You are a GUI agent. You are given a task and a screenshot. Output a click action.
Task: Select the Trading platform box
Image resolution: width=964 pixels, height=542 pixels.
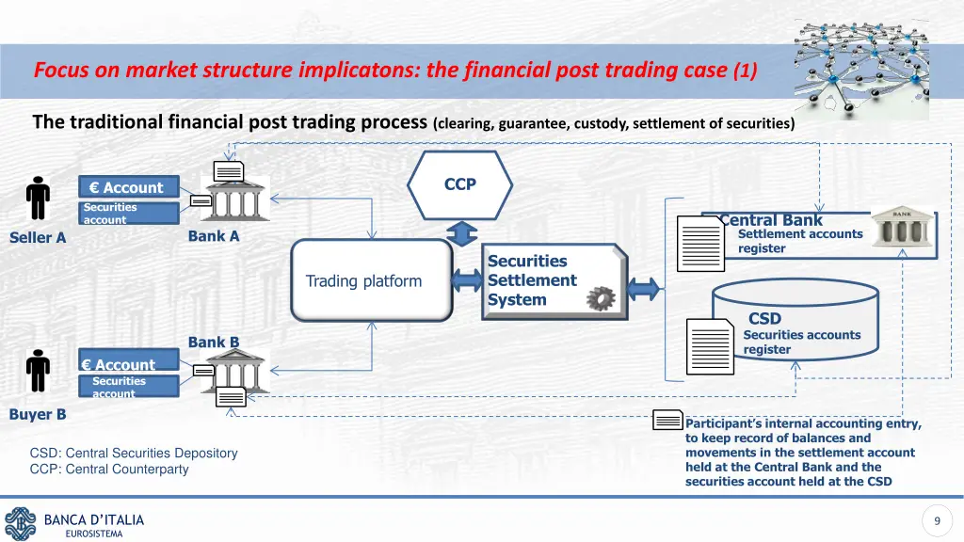pos(372,280)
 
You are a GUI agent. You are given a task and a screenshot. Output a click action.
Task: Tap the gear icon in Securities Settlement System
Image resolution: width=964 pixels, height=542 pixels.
pos(599,300)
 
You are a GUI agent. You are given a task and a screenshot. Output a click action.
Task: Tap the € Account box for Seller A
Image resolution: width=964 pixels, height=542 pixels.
pos(128,188)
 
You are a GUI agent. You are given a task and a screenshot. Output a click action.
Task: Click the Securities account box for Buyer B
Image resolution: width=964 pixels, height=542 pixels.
pos(128,386)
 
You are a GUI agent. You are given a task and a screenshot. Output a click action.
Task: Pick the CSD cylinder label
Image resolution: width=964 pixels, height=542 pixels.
pos(764,319)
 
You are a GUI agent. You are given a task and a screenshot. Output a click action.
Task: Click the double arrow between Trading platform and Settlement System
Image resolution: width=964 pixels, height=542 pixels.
pos(468,280)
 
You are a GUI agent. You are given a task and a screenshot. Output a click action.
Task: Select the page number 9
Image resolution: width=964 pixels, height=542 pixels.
pos(937,521)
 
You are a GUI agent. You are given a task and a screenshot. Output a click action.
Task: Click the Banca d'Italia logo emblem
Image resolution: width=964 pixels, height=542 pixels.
pos(20,523)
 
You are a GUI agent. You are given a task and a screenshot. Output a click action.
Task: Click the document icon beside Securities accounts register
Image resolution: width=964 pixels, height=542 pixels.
pos(710,345)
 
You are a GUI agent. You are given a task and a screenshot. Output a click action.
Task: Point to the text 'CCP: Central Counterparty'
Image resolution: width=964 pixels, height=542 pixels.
pos(109,469)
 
